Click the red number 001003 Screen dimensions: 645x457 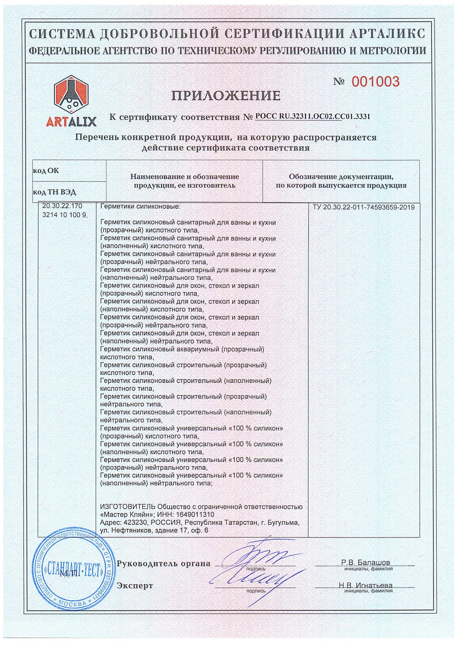pyautogui.click(x=375, y=81)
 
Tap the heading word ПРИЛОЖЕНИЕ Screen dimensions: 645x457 pyautogui.click(x=226, y=96)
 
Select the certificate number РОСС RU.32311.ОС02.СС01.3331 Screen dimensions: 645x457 pyautogui.click(x=313, y=117)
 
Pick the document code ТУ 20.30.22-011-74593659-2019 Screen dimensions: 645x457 pyautogui.click(x=363, y=207)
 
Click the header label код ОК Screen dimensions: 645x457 pyautogui.click(x=46, y=171)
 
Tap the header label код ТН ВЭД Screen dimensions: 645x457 pyautogui.click(x=55, y=192)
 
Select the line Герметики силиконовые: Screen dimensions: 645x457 pyautogui.click(x=140, y=207)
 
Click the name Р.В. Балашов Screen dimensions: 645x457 pyautogui.click(x=365, y=562)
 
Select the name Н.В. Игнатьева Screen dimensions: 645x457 pyautogui.click(x=366, y=585)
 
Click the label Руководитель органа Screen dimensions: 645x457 pyautogui.click(x=163, y=563)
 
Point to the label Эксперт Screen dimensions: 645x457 pyautogui.click(x=135, y=586)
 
